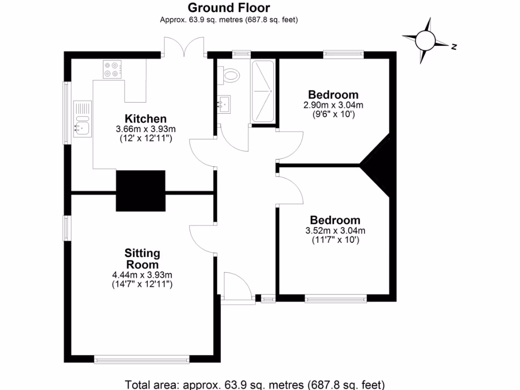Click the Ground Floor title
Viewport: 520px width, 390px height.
click(x=229, y=8)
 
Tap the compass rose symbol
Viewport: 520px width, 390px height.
click(x=426, y=40)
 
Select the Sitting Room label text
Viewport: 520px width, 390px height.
click(x=142, y=258)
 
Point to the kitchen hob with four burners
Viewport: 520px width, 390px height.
click(x=114, y=70)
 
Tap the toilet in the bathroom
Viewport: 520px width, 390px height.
click(x=230, y=75)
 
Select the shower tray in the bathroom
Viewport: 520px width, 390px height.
click(x=264, y=91)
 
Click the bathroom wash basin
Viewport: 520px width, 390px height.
click(x=223, y=105)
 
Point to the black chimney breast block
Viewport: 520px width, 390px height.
click(x=141, y=191)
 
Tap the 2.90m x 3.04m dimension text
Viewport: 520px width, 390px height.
click(x=334, y=105)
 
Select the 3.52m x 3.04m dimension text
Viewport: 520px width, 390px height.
click(x=335, y=231)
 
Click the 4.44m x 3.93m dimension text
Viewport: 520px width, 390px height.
click(x=142, y=275)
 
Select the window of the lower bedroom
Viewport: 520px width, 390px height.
click(x=336, y=299)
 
